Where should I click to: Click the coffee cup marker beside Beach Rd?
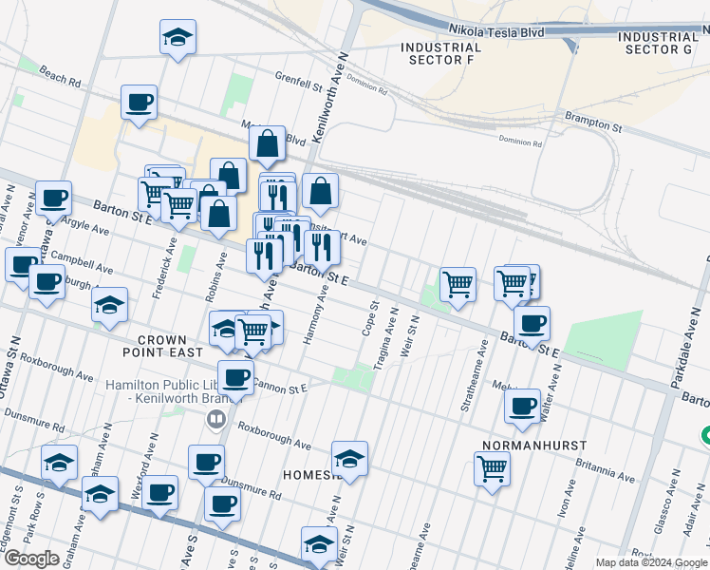139,103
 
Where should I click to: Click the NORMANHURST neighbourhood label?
533,445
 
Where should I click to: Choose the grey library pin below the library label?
217,418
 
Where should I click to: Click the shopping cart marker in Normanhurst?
492,467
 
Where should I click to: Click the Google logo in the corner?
31,559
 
